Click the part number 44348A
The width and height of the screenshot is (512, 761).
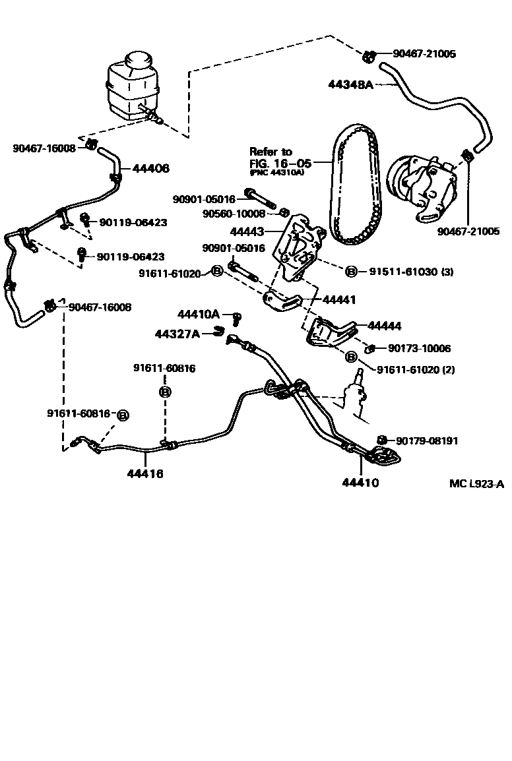coord(351,84)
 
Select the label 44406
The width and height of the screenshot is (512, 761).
coord(150,169)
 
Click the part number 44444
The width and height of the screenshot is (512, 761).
coord(384,326)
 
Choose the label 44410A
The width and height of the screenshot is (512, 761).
coord(198,315)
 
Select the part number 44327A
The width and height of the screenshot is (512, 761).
coord(177,334)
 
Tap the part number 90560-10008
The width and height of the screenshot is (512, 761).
coord(234,214)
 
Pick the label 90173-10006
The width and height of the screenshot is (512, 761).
coord(420,348)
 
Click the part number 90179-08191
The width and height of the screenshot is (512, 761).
coord(427,441)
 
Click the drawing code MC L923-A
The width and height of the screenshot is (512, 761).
coord(476,484)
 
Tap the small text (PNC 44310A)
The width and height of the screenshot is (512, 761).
coord(277,172)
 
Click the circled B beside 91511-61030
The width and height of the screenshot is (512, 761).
coord(351,272)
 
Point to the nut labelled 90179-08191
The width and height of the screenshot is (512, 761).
coord(381,440)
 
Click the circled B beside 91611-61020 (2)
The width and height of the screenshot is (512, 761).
coord(351,356)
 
